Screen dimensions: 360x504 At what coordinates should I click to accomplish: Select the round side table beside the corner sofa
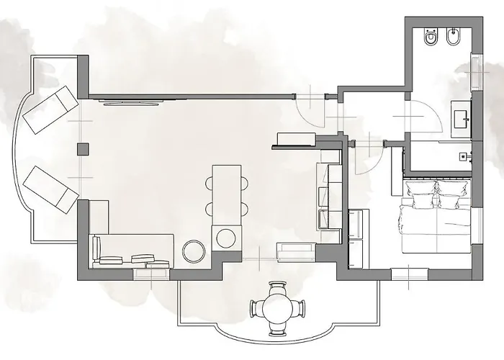pyautogui.click(x=194, y=251)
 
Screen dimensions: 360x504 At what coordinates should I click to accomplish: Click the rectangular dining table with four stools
pyautogui.click(x=226, y=191)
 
